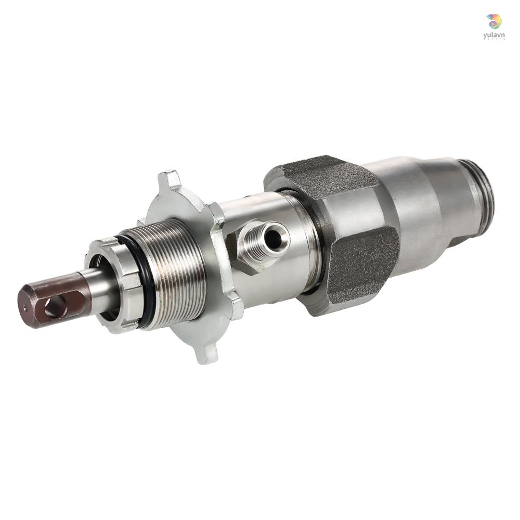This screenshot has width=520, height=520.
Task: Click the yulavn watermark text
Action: pos(493,35)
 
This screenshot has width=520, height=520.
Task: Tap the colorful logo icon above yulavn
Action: pos(494,21)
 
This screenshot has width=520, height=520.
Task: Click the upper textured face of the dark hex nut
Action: pos(322,177)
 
